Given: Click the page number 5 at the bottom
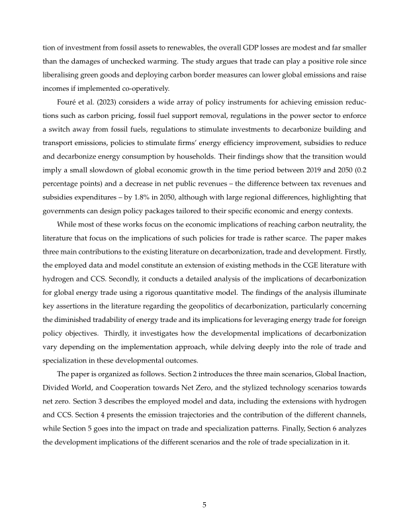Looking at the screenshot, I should point(204,505).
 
